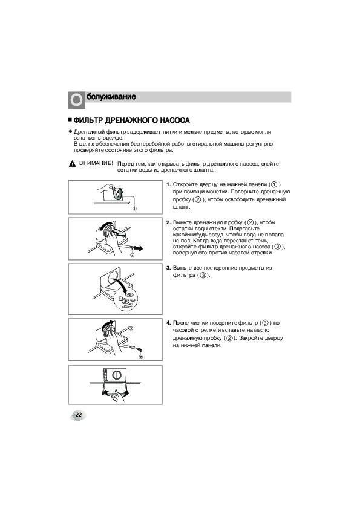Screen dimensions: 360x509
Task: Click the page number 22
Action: click(x=79, y=415)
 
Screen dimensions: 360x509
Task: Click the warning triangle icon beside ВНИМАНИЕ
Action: click(x=72, y=164)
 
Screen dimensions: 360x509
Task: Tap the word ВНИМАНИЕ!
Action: click(x=96, y=163)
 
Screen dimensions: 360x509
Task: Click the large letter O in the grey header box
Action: click(x=76, y=100)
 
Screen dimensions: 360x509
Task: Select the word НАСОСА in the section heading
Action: click(x=175, y=120)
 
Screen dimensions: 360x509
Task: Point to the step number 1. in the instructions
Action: click(x=168, y=185)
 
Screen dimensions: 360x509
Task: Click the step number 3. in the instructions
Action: click(x=168, y=268)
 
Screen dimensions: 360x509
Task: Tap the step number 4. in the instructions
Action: click(x=168, y=323)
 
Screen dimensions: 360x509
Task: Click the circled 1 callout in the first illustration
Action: click(x=134, y=209)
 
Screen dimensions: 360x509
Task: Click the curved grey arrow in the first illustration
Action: click(x=119, y=194)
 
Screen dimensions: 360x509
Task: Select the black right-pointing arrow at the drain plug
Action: click(x=139, y=248)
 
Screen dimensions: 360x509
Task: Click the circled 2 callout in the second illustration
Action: click(x=133, y=255)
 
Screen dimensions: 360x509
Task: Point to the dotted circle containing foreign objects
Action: click(x=126, y=299)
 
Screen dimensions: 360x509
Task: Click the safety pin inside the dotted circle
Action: click(x=128, y=305)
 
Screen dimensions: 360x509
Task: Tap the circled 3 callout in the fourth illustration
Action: click(x=131, y=328)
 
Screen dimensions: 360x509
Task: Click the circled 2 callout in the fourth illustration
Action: click(x=141, y=357)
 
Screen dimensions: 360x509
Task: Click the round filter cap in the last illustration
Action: click(x=115, y=375)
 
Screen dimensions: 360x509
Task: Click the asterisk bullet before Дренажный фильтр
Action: click(x=70, y=132)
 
